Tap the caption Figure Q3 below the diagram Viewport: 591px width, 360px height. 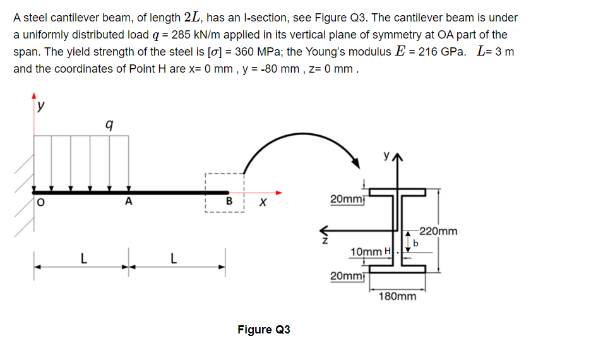coord(263,330)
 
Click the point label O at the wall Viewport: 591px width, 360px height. coord(40,203)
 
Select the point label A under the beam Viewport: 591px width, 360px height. coord(129,203)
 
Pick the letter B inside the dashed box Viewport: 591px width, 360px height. coord(230,203)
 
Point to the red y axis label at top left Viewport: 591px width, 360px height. coord(40,107)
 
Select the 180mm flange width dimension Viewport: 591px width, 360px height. coord(398,296)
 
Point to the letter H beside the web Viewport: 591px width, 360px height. coord(388,253)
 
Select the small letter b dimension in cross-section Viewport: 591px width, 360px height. coord(415,243)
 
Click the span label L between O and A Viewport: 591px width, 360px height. coord(81,258)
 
